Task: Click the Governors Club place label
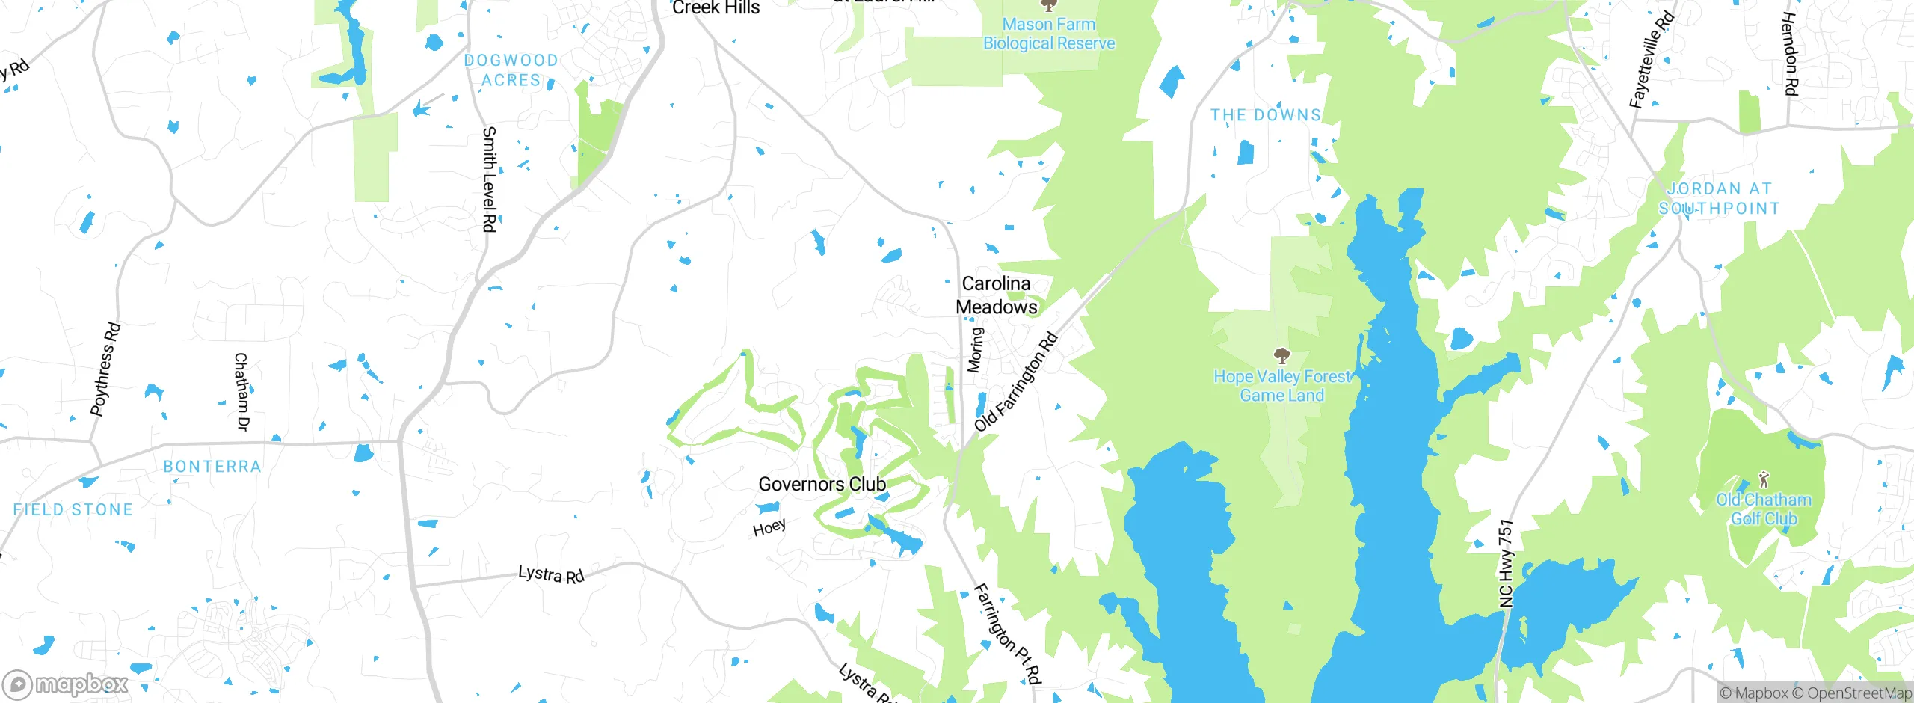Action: click(822, 484)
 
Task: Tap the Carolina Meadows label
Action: click(996, 295)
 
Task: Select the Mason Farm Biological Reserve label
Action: click(1048, 34)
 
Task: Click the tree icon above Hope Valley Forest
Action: click(1281, 354)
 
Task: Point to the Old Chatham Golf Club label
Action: click(1764, 509)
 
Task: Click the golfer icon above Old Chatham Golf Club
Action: click(1764, 479)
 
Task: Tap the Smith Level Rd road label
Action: click(489, 179)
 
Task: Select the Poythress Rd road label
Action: click(105, 369)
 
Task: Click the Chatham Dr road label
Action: click(241, 391)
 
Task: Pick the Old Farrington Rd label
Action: click(1016, 382)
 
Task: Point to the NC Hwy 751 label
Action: click(1506, 563)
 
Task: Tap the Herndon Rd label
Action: click(1789, 54)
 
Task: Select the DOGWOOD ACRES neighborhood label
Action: click(511, 70)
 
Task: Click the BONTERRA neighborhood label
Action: click(212, 467)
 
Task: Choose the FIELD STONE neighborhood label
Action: click(73, 510)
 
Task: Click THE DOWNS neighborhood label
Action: click(1266, 115)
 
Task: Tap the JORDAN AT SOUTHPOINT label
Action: click(1719, 199)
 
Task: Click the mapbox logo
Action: click(66, 684)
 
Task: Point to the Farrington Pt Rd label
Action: click(1007, 634)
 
